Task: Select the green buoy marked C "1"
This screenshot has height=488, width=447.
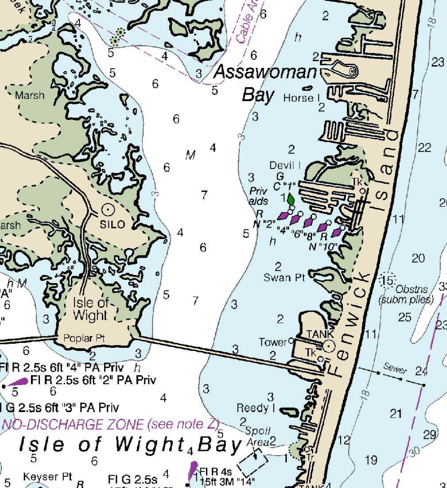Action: (291, 199)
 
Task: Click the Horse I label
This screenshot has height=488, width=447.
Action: (301, 98)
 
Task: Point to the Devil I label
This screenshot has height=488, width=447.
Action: (285, 165)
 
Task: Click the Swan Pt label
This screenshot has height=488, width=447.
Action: (284, 278)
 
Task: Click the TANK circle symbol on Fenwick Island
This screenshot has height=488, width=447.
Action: (328, 346)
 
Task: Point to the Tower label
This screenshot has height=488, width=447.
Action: (273, 342)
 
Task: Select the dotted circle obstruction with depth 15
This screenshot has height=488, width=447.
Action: (387, 280)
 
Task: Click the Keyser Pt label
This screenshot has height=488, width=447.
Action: (47, 476)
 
